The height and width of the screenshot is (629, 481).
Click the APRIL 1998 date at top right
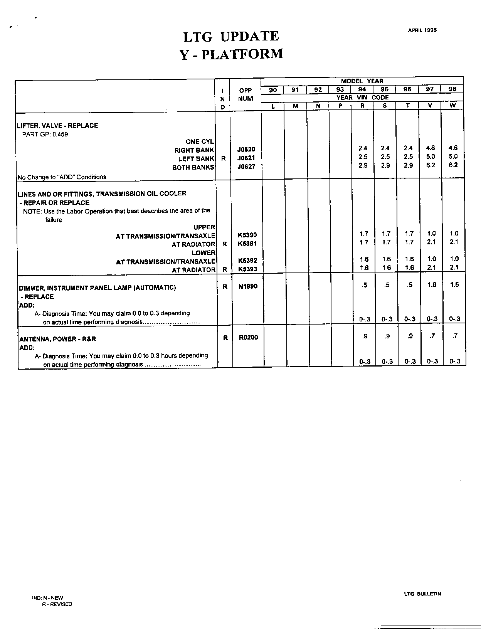point(422,30)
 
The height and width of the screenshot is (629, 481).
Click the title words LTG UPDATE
point(231,37)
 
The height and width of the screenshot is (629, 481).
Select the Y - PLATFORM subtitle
point(232,54)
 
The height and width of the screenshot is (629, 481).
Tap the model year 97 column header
point(430,89)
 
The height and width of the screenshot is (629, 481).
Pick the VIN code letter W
point(453,106)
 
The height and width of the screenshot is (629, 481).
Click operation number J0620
point(246,150)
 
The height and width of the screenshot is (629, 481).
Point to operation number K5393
point(247,269)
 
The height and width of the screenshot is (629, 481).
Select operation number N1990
point(248,286)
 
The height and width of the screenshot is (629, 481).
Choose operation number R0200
point(248,338)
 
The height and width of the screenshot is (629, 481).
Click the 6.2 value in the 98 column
point(453,165)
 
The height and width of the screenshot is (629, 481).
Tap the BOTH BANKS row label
point(193,168)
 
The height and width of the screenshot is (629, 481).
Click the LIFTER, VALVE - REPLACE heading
point(57,126)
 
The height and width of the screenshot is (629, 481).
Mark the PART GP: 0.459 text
point(45,135)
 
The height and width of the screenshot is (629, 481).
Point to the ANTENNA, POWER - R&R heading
point(58,339)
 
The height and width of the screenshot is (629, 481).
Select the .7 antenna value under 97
point(432,336)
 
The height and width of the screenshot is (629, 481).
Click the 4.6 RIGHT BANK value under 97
point(431,148)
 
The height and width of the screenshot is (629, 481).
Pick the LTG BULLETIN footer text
point(422,594)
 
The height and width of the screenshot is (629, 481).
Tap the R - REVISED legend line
point(57,604)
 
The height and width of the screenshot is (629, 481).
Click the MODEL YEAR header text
point(362,81)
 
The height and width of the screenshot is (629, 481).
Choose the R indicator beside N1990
point(225,287)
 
